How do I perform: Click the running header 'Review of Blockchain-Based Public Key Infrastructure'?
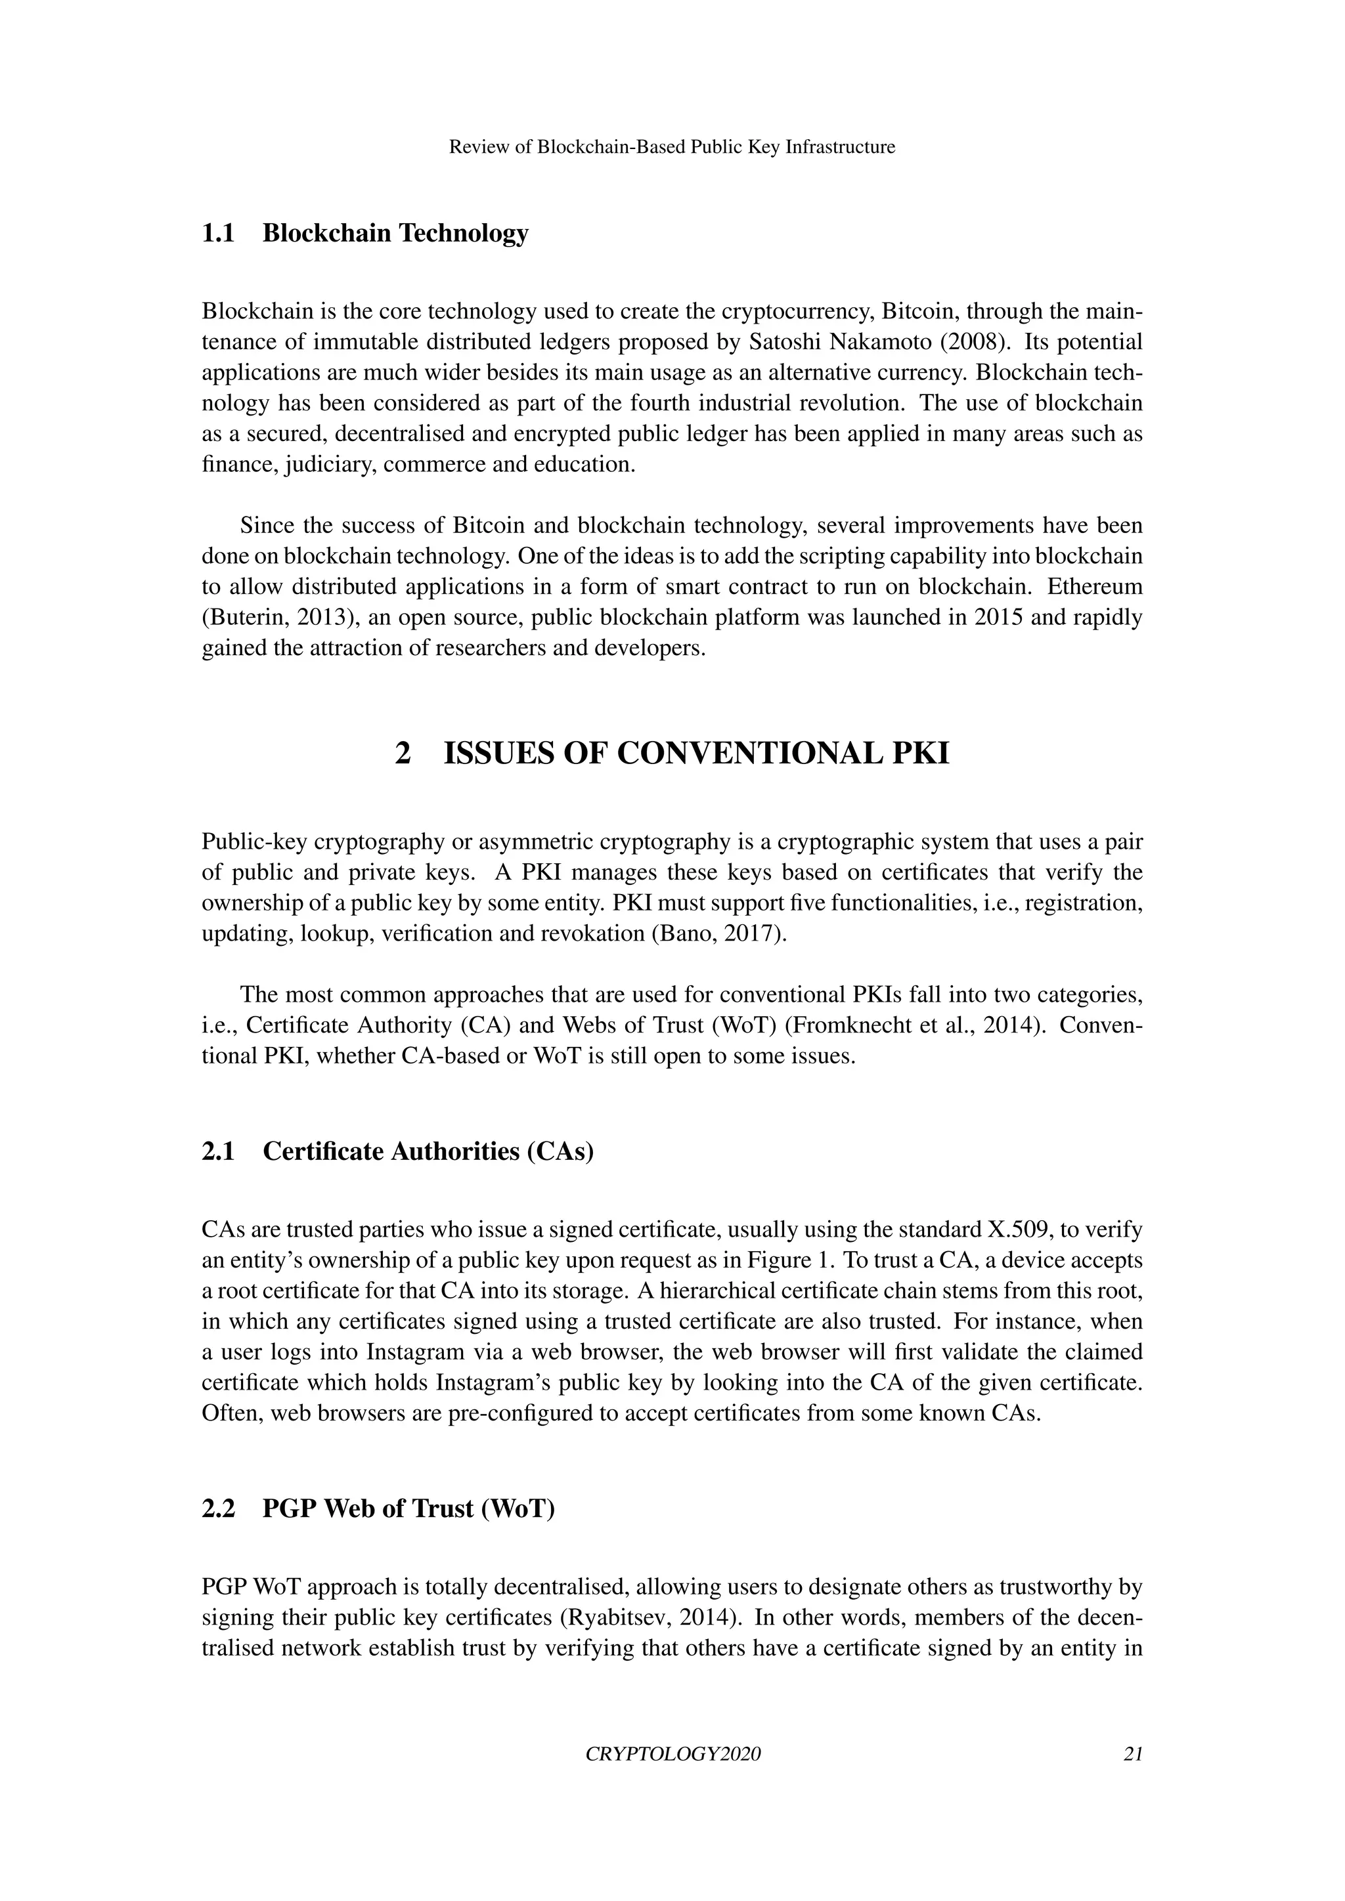point(672,148)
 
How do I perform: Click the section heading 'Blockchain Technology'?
point(395,234)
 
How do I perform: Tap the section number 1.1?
point(219,234)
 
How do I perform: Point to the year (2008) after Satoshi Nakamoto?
point(977,342)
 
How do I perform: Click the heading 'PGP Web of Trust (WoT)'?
point(408,1508)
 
